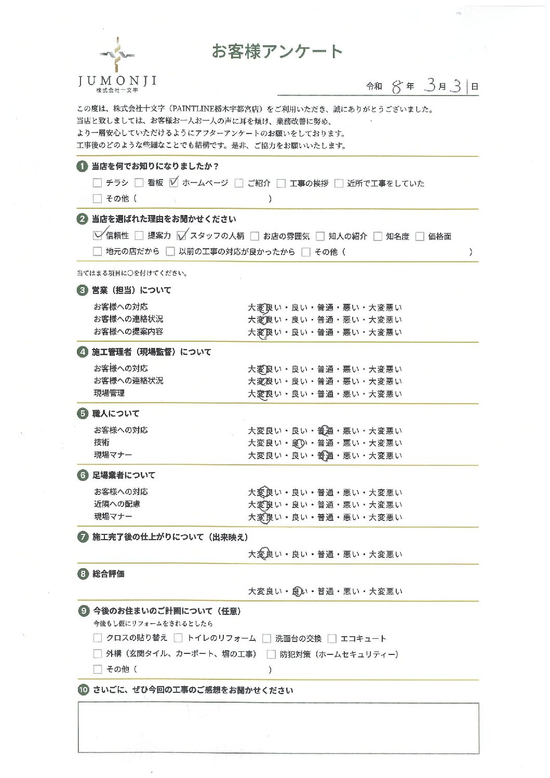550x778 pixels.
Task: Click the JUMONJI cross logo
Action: click(117, 54)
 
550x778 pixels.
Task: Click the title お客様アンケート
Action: click(277, 51)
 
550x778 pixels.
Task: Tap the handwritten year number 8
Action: click(397, 87)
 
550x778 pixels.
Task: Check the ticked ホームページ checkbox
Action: click(174, 183)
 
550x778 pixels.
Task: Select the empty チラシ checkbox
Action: click(97, 183)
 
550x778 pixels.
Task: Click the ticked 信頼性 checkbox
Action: click(98, 235)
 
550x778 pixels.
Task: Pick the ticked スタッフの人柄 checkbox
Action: click(181, 236)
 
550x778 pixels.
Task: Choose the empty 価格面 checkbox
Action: click(420, 236)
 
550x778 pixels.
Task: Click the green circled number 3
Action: click(82, 290)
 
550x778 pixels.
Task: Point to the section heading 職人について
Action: click(115, 413)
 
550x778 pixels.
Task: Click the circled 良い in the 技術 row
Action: click(299, 443)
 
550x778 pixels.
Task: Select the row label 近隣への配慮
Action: click(117, 504)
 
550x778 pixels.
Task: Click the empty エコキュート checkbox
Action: click(332, 638)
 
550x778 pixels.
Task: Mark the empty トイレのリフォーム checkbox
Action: click(179, 638)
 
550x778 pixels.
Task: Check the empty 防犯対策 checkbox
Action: click(271, 654)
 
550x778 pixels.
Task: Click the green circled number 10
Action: click(83, 690)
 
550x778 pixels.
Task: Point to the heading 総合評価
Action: click(108, 574)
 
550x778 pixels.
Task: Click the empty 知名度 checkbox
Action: click(378, 236)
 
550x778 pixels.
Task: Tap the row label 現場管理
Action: click(109, 393)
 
